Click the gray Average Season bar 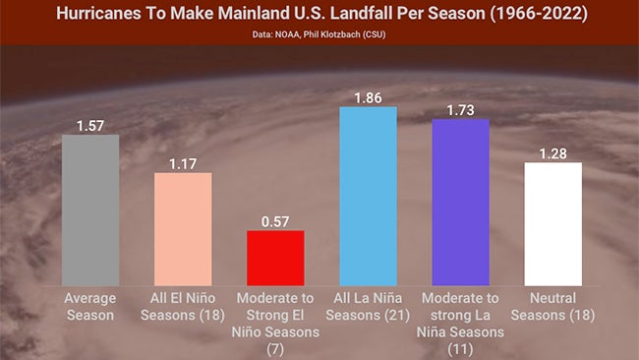tap(90, 210)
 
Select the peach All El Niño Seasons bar tap(183, 229)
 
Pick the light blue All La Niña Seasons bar tap(368, 196)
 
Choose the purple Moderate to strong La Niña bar tap(460, 202)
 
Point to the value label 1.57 tap(90, 125)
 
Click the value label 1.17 tap(183, 163)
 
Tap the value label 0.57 tap(275, 221)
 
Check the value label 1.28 tap(552, 152)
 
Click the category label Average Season tap(90, 306)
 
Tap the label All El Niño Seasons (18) tap(183, 306)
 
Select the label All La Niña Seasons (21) tap(368, 306)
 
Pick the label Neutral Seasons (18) tap(552, 306)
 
